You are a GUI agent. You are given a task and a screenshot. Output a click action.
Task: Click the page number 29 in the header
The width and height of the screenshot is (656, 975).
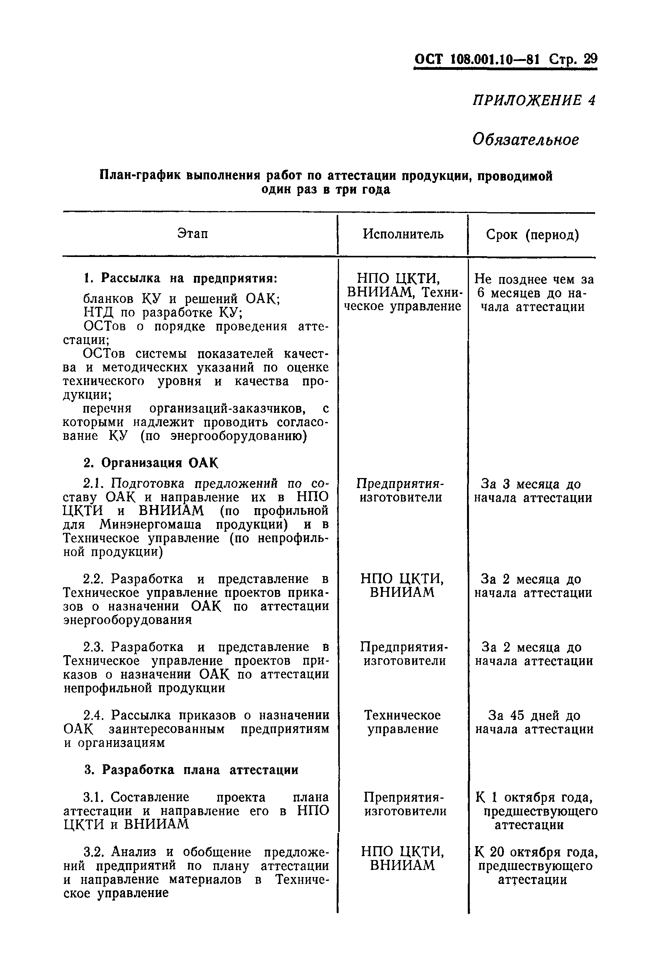point(590,59)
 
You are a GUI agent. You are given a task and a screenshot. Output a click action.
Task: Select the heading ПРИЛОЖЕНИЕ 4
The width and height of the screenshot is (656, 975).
point(533,100)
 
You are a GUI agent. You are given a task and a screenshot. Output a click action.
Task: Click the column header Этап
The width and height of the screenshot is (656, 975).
point(192,233)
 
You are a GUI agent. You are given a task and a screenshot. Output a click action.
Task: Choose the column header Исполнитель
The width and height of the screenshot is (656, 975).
point(403,234)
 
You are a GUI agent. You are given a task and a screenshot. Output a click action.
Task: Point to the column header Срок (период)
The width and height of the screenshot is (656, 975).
point(532,235)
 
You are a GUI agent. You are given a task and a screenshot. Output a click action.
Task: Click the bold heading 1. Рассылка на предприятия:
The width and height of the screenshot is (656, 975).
point(180,278)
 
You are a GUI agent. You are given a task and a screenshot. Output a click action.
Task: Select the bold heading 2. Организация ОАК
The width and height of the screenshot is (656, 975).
point(151,463)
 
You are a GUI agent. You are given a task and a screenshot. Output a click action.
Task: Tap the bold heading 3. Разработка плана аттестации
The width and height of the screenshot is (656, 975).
point(191,770)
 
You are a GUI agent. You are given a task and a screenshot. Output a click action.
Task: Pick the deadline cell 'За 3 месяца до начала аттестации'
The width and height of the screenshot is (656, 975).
point(532,491)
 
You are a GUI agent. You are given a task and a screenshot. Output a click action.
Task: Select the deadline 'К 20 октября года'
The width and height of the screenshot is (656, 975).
point(536,852)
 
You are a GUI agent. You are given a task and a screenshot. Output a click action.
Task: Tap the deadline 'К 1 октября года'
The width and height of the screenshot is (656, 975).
point(533,798)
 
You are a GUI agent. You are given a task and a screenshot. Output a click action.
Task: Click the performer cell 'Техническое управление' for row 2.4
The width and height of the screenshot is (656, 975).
point(403,722)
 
